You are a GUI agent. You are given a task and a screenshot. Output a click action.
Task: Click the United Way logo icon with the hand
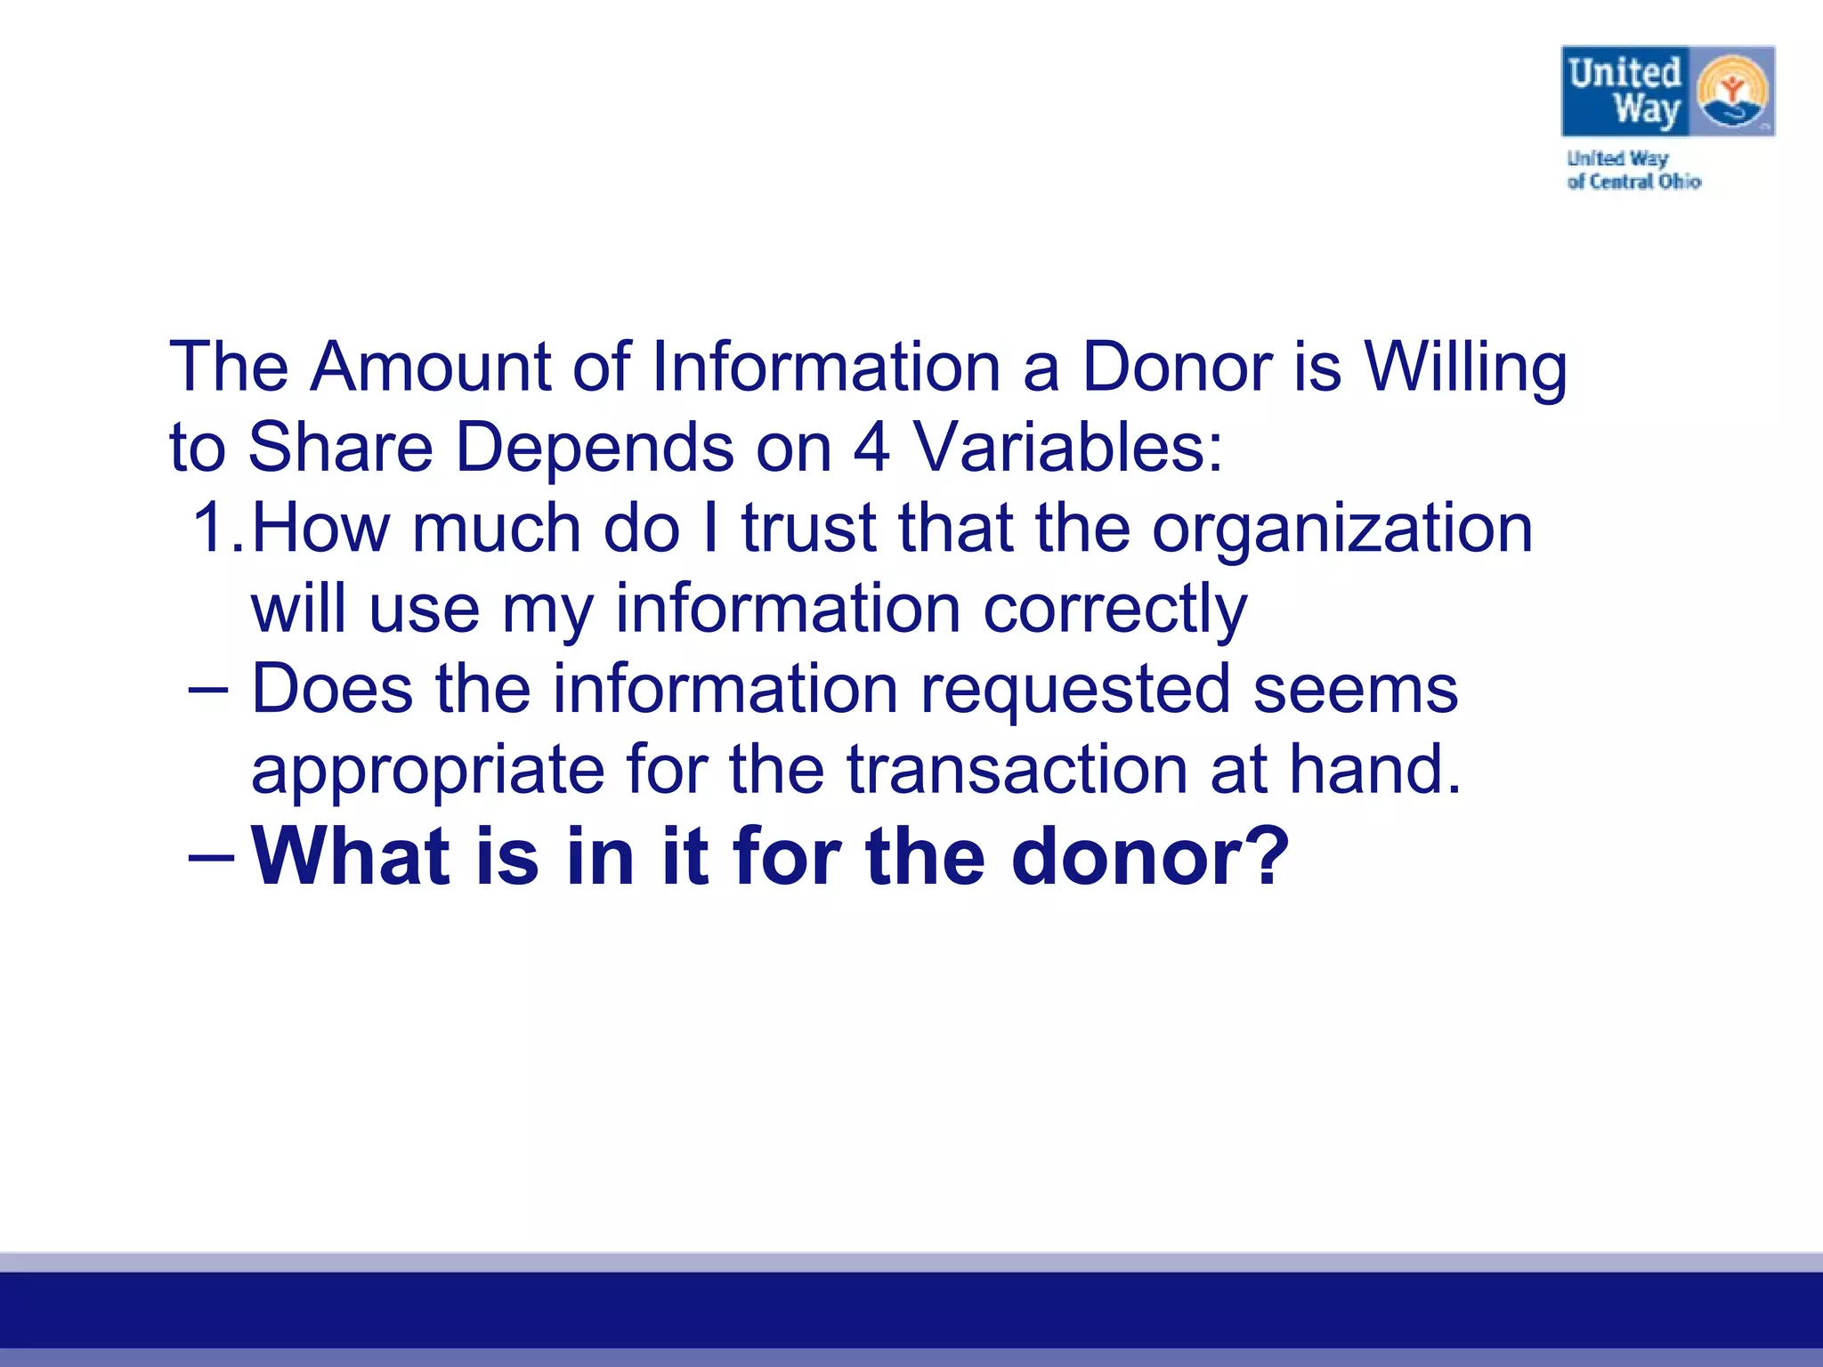click(x=1732, y=93)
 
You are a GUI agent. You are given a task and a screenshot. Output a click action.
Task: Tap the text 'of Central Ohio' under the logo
click(x=1633, y=182)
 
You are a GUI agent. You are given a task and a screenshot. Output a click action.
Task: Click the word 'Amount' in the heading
click(x=431, y=367)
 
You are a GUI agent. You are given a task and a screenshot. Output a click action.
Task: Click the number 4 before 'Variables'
click(x=871, y=447)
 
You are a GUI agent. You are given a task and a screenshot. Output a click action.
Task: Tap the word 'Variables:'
click(x=1069, y=447)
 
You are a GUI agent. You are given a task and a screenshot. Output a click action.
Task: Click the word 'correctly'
click(x=1115, y=611)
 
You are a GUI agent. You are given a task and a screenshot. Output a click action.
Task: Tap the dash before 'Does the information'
click(x=210, y=689)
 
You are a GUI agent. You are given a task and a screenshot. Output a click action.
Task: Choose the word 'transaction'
click(x=1017, y=770)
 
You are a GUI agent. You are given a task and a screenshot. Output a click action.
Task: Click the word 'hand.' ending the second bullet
click(x=1375, y=770)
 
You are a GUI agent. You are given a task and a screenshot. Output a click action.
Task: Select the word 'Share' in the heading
click(x=340, y=447)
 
